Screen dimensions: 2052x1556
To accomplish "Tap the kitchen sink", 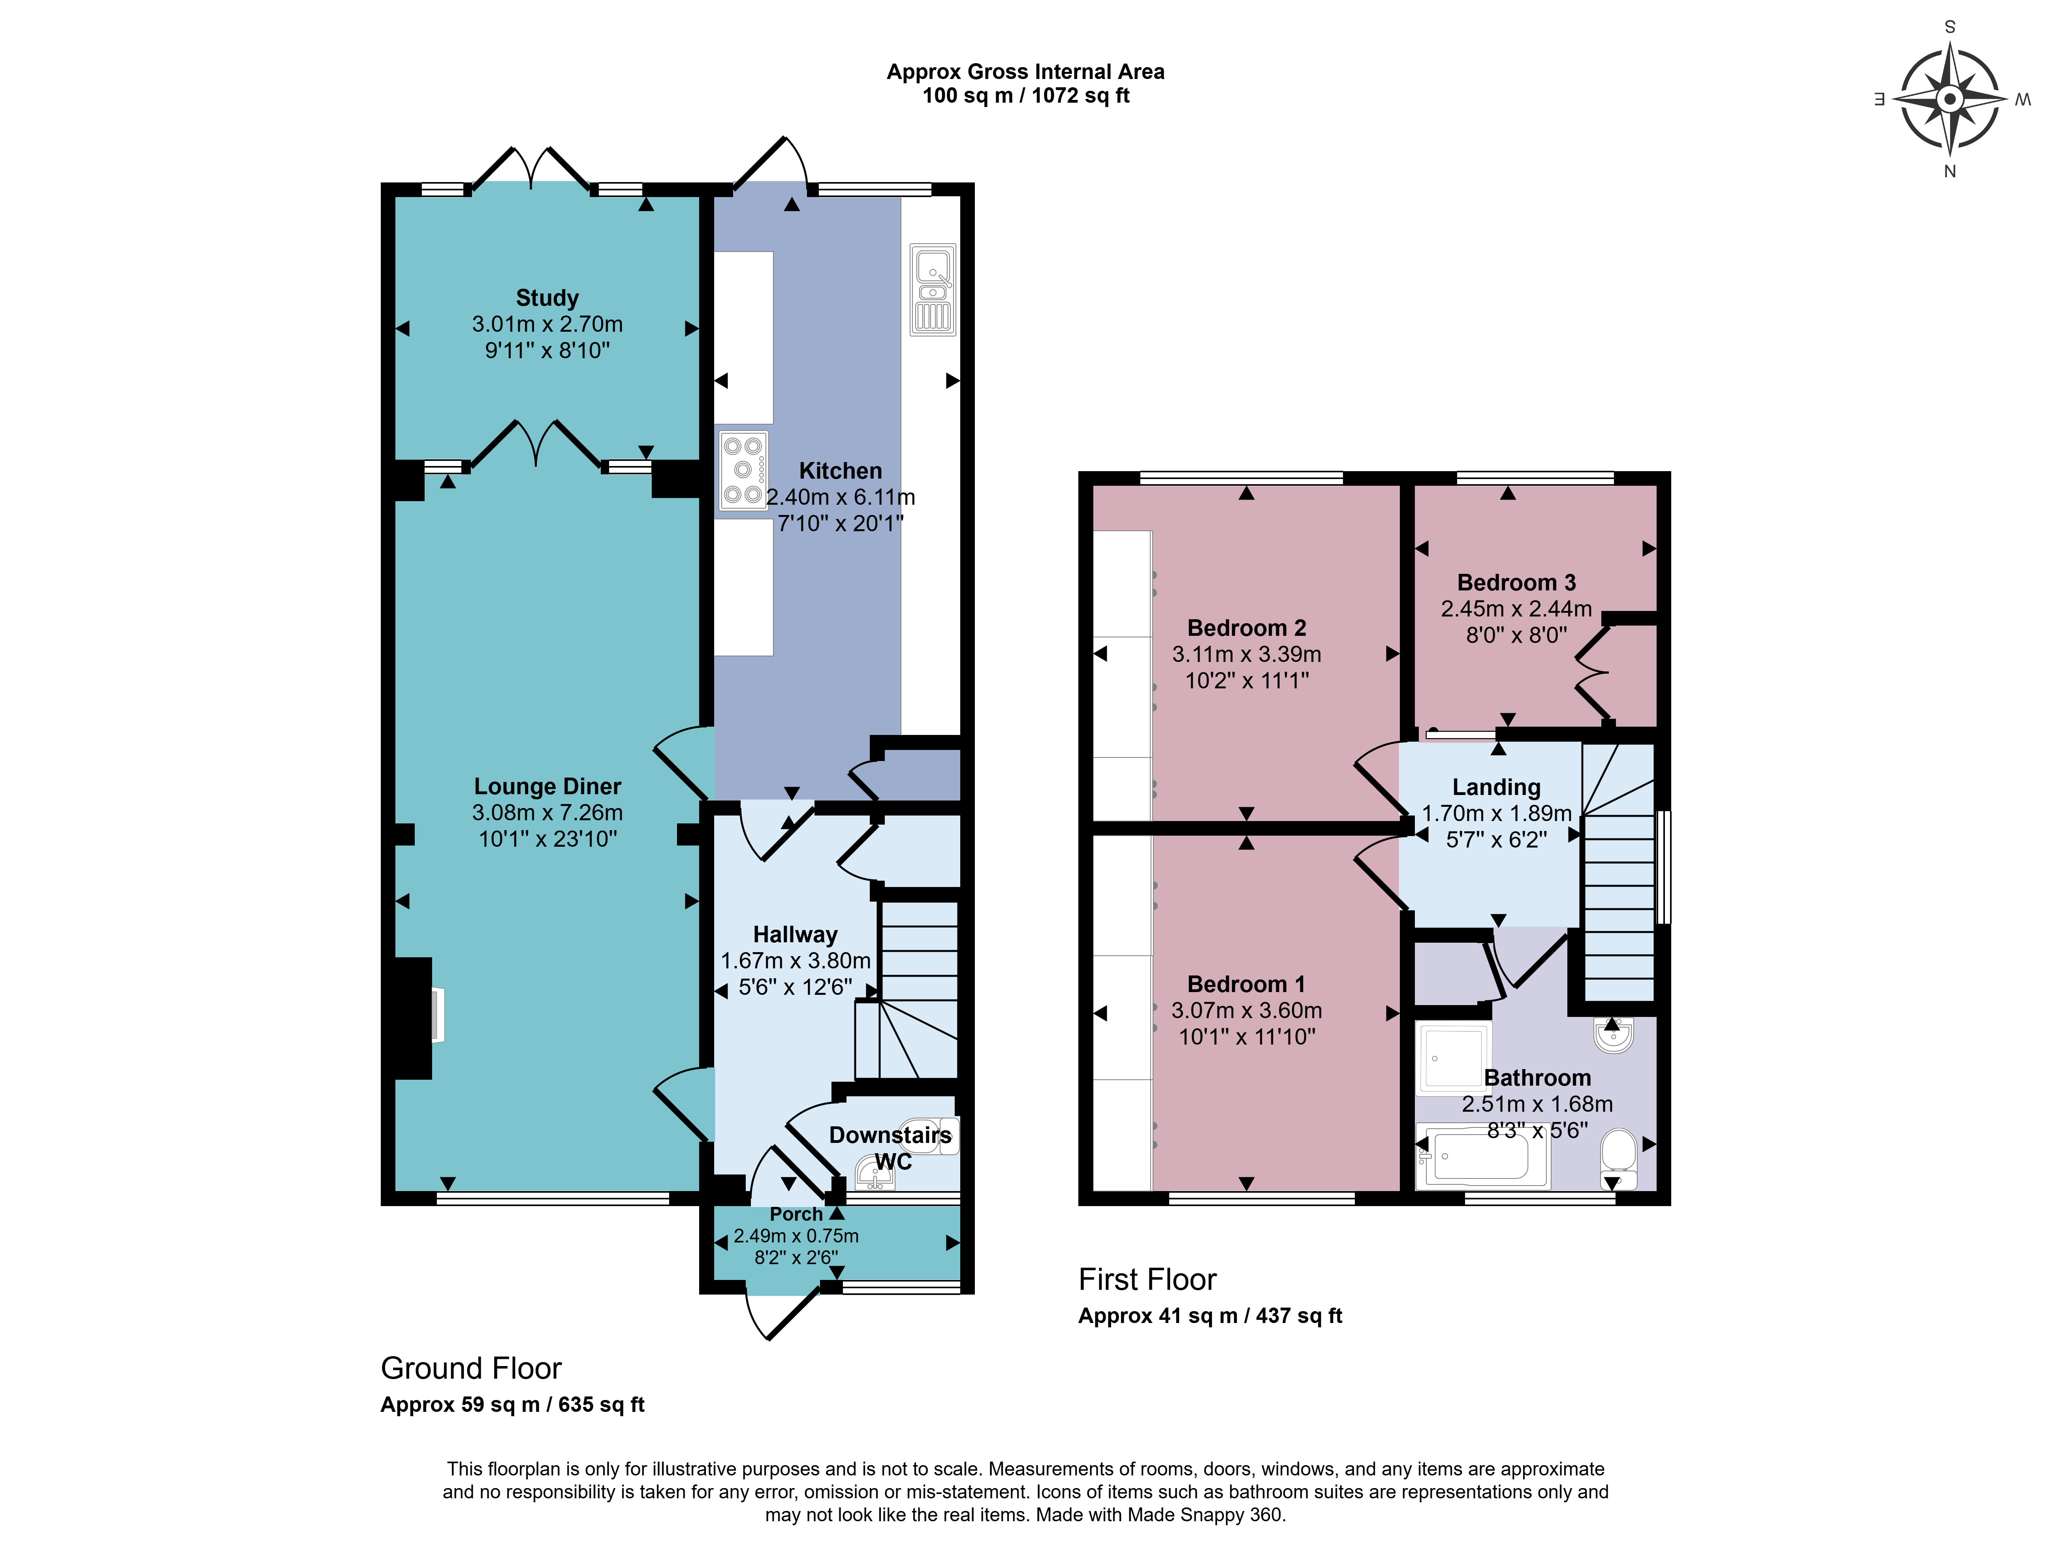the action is click(932, 289).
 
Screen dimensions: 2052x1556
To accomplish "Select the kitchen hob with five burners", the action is click(743, 470).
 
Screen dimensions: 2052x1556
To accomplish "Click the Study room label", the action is click(547, 298).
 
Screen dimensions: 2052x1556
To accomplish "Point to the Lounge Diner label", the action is click(547, 786).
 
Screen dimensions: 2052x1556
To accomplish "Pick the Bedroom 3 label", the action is click(1517, 583).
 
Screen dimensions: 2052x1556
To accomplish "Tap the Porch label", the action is click(796, 1214).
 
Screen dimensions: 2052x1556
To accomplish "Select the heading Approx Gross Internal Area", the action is click(1025, 71).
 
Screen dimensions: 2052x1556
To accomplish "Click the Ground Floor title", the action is click(471, 1368).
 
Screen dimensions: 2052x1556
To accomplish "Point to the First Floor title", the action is click(1147, 1279).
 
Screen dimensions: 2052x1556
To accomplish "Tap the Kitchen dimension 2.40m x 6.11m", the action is click(841, 497).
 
